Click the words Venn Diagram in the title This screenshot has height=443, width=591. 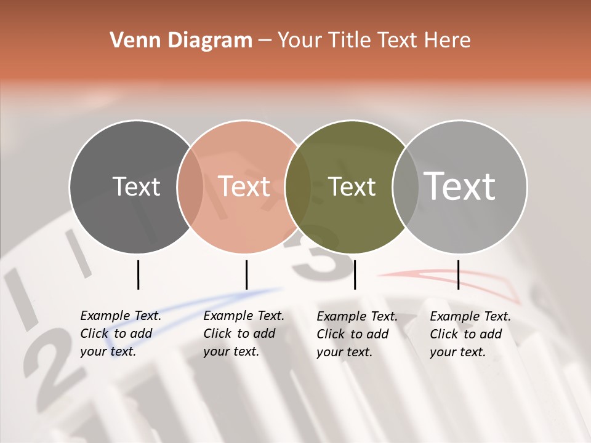[x=181, y=41]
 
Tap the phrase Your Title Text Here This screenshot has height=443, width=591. [x=374, y=41]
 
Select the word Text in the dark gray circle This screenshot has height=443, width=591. [x=136, y=186]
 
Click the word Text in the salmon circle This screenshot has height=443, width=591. [x=244, y=186]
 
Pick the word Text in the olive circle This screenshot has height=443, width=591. [x=352, y=186]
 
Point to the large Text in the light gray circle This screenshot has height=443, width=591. [x=460, y=186]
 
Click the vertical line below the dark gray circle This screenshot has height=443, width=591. [x=138, y=274]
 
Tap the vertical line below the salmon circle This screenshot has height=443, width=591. [x=246, y=274]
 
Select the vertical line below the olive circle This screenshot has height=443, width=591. [x=355, y=274]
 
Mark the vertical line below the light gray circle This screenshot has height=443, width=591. [x=458, y=274]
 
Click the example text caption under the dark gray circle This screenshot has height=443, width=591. [x=120, y=333]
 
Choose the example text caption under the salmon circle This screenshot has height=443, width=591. [x=243, y=333]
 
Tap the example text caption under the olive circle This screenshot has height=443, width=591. [x=356, y=334]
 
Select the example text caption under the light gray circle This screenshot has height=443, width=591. [x=470, y=334]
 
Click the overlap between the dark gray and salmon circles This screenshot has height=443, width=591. [x=190, y=186]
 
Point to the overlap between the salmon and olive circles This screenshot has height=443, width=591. [x=298, y=186]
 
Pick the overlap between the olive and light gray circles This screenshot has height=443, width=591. [x=406, y=186]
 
